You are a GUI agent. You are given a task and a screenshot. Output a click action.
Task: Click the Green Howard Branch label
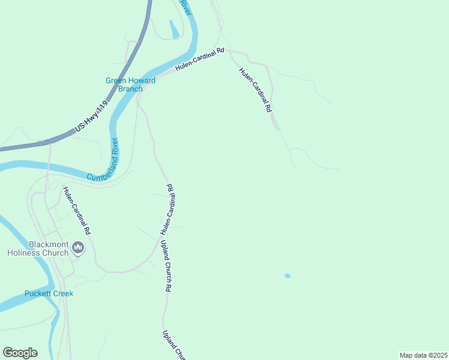click(130, 85)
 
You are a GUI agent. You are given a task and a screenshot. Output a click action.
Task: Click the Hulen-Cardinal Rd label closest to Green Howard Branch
click(199, 60)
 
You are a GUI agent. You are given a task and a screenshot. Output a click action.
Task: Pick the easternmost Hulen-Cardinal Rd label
click(256, 90)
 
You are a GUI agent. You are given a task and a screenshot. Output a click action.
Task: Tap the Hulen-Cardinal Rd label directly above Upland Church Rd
click(167, 209)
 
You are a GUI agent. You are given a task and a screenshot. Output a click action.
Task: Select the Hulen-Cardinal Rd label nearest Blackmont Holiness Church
click(77, 210)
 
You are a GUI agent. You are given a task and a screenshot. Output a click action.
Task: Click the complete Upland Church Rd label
click(166, 266)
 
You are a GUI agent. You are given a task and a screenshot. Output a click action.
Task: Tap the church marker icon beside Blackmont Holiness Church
click(78, 247)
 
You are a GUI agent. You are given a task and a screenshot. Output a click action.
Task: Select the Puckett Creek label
click(49, 293)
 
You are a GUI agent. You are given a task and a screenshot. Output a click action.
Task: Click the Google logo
click(20, 352)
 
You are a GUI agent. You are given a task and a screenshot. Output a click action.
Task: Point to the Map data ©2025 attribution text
click(423, 355)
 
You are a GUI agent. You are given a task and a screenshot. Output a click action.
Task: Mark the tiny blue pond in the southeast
click(288, 276)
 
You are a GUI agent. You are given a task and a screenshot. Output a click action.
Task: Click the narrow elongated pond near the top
click(173, 29)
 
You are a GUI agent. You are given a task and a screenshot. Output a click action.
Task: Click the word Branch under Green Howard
click(130, 89)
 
